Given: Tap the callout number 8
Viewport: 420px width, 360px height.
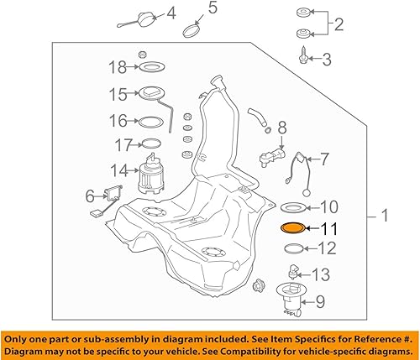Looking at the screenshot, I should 281,128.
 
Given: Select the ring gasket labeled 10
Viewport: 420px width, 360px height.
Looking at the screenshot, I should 292,206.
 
